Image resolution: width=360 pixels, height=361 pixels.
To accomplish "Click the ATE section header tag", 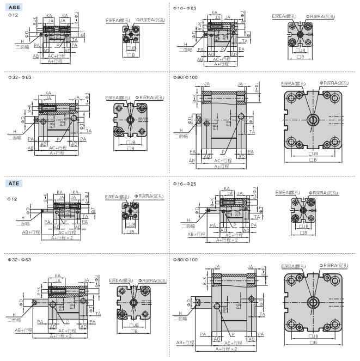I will tap(15, 184).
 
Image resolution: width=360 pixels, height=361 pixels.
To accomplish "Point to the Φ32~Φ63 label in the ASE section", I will tap(20, 77).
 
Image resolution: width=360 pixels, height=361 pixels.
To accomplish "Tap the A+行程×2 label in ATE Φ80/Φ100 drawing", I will tap(225, 348).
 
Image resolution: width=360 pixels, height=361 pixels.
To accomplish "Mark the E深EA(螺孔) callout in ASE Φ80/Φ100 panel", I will tap(293, 83).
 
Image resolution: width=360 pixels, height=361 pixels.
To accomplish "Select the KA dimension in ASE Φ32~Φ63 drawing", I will tap(49, 93).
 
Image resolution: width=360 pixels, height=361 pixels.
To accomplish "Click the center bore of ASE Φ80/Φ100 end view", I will tap(313, 120).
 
